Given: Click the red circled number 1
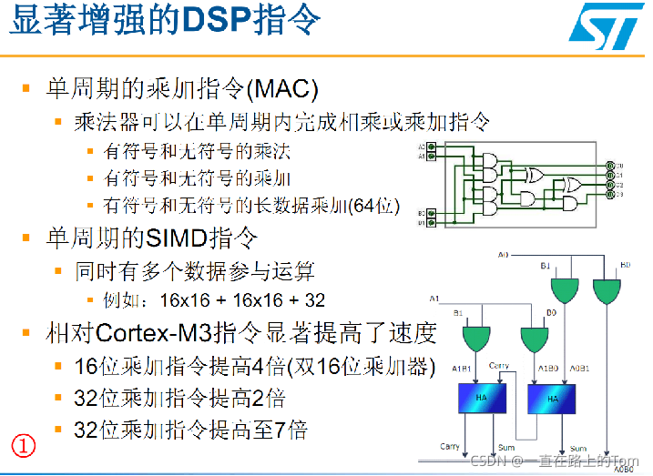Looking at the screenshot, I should pyautogui.click(x=23, y=446).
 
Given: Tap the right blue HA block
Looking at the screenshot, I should pyautogui.click(x=552, y=397).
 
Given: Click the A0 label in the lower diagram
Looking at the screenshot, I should pyautogui.click(x=504, y=255).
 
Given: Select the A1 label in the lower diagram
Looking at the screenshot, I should pyautogui.click(x=435, y=299).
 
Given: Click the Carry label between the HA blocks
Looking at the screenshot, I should pyautogui.click(x=499, y=366).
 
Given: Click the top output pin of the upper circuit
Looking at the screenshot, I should pyautogui.click(x=611, y=166).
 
